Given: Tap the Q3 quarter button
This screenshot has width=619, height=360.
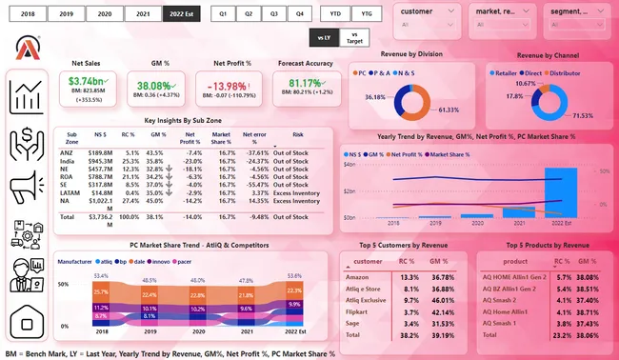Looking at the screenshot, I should [273, 14].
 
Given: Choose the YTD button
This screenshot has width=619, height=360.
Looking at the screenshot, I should [336, 14].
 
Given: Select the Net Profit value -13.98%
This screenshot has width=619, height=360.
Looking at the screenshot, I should [233, 87].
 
